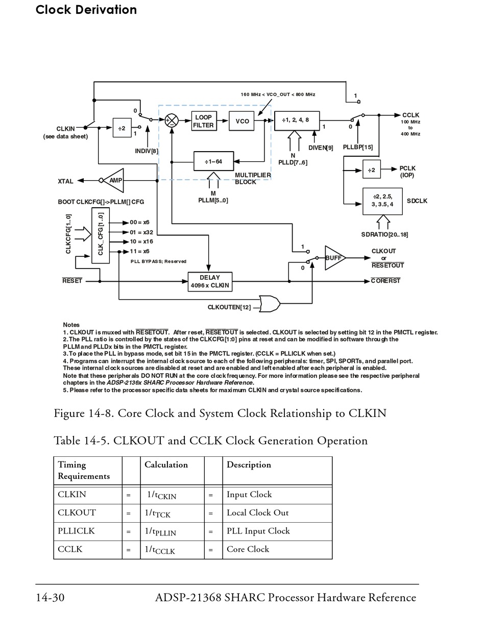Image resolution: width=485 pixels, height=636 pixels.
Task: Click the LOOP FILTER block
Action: click(x=203, y=121)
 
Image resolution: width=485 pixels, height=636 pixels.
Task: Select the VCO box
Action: click(x=242, y=121)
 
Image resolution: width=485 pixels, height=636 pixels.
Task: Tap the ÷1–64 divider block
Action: click(x=214, y=162)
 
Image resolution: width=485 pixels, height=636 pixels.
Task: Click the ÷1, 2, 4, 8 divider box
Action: click(x=297, y=120)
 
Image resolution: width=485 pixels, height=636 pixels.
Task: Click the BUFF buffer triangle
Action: click(x=334, y=258)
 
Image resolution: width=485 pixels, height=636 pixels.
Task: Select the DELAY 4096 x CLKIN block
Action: click(x=210, y=282)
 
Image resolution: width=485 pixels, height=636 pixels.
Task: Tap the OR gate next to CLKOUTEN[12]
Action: click(x=270, y=304)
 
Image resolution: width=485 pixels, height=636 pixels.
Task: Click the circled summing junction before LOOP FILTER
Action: click(x=172, y=120)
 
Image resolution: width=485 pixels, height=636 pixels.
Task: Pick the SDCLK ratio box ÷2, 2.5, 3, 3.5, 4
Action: click(x=382, y=201)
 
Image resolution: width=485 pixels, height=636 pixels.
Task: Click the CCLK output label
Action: click(x=410, y=115)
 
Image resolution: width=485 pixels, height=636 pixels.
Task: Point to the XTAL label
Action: click(x=65, y=181)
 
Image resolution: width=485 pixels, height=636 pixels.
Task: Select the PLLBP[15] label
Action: click(x=357, y=148)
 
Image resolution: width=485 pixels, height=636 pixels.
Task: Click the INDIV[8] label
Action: click(x=147, y=151)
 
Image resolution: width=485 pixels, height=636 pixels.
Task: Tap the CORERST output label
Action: click(x=385, y=281)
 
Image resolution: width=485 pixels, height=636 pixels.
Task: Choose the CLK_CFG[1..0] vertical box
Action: click(x=101, y=235)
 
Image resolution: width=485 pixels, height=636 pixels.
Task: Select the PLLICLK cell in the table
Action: click(x=76, y=531)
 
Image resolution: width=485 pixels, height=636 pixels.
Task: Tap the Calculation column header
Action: click(x=166, y=464)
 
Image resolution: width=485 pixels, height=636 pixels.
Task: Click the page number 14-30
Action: click(x=50, y=597)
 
